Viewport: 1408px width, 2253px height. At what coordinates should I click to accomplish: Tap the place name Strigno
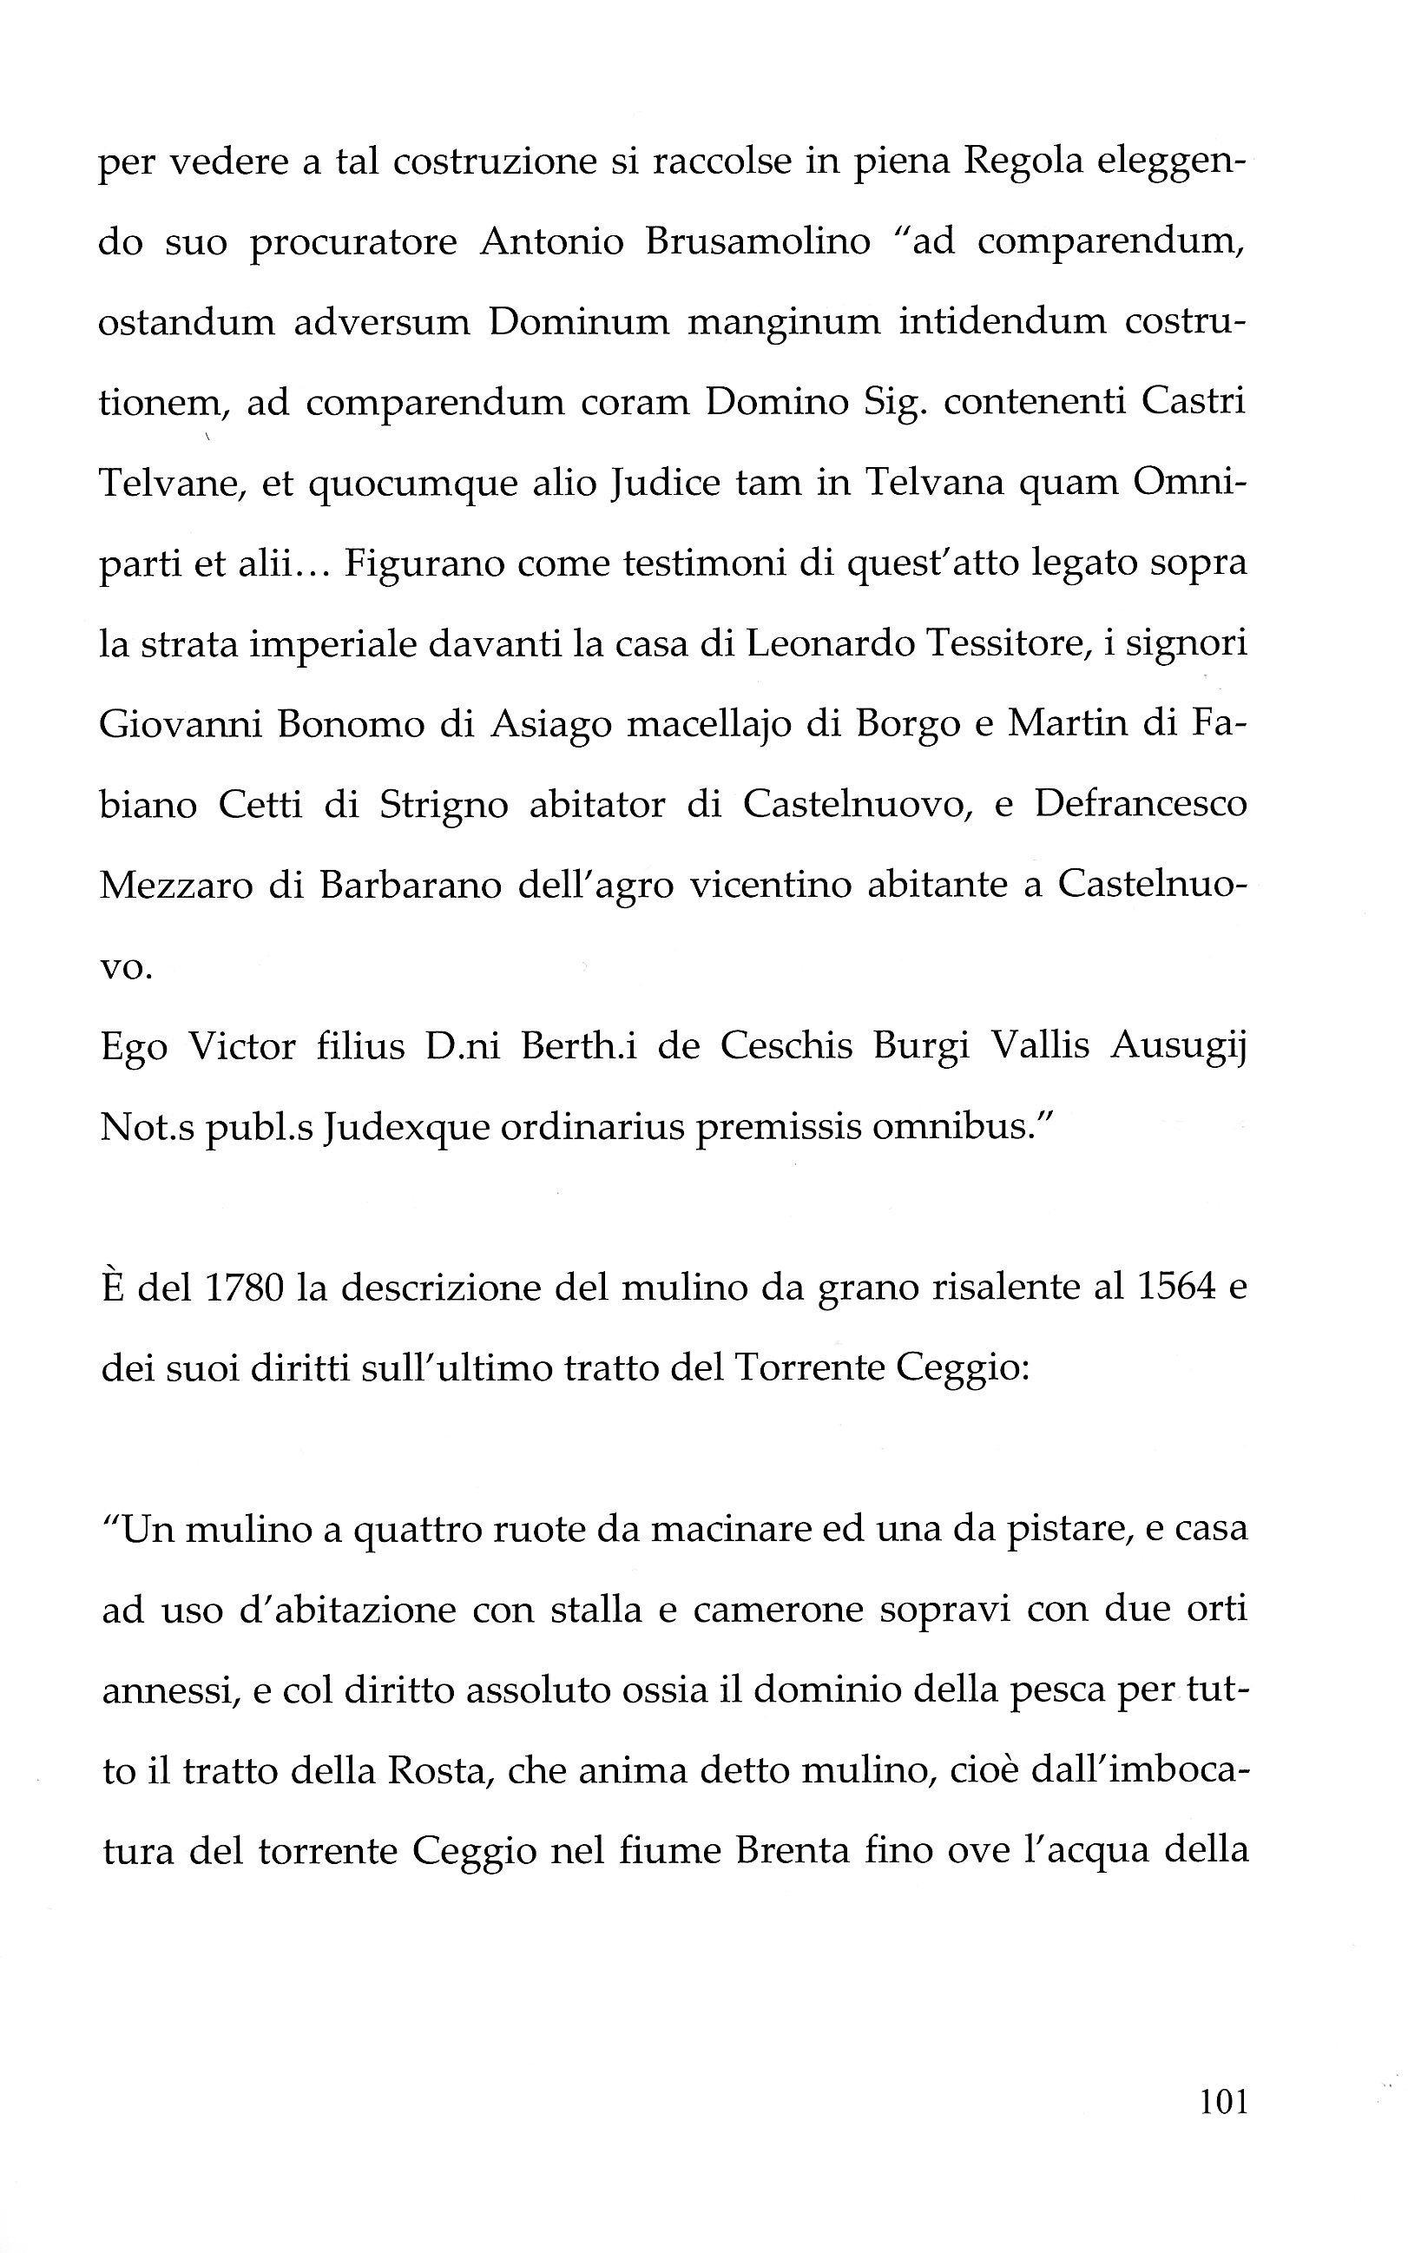pyautogui.click(x=444, y=805)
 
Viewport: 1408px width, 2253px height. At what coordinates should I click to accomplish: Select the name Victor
pyautogui.click(x=242, y=1047)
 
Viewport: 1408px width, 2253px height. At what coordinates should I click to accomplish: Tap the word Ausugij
pyautogui.click(x=1179, y=1047)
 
